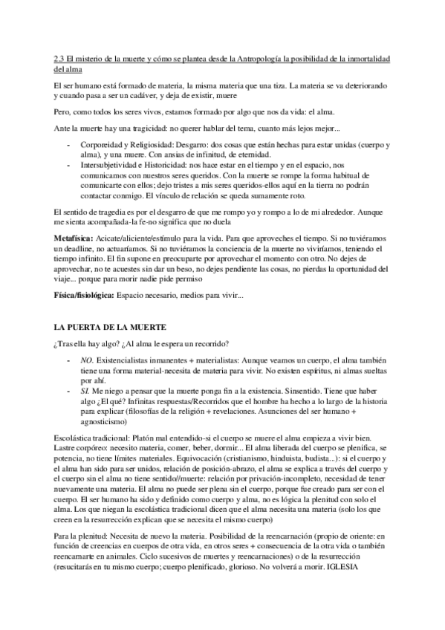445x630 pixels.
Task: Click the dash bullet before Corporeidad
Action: coord(70,145)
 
